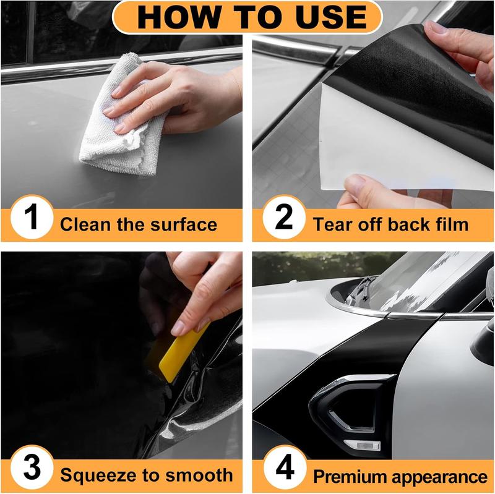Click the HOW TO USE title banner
click(247, 17)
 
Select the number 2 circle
click(283, 220)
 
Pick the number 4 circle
click(283, 471)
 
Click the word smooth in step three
click(201, 475)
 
